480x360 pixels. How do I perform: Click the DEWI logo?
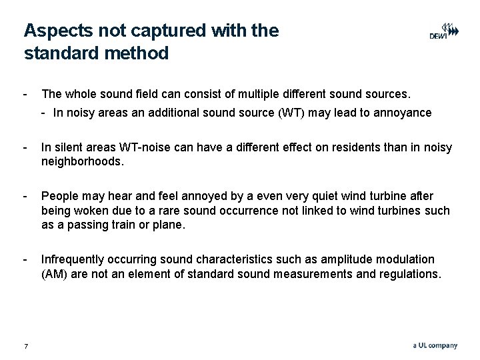pos(443,31)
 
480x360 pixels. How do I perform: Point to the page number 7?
pos(25,345)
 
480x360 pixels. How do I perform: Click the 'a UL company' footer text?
pos(435,345)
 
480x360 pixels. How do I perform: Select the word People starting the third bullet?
pos(59,196)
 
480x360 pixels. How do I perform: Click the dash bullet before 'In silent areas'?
pos(25,147)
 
